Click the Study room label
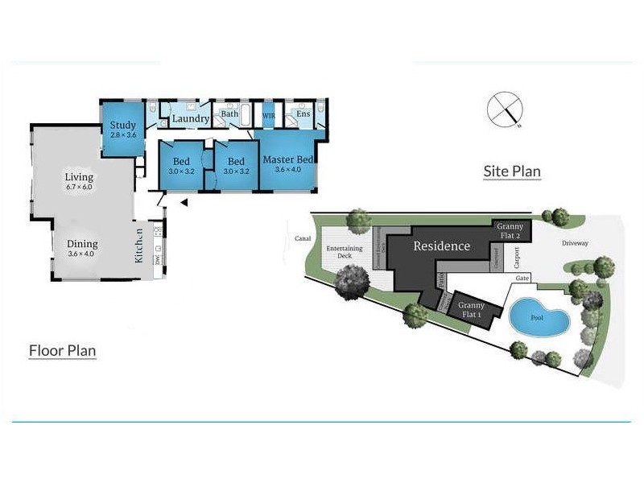(x=123, y=126)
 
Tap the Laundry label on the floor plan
(x=191, y=119)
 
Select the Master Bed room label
(x=287, y=159)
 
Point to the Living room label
(x=79, y=177)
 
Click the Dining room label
(x=82, y=244)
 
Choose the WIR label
(x=269, y=116)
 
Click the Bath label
(x=229, y=114)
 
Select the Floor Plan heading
(x=63, y=351)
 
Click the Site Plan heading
(x=512, y=171)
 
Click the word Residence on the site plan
(x=441, y=246)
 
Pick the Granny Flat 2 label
(x=510, y=231)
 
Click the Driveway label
(x=575, y=242)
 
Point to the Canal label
(x=303, y=238)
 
